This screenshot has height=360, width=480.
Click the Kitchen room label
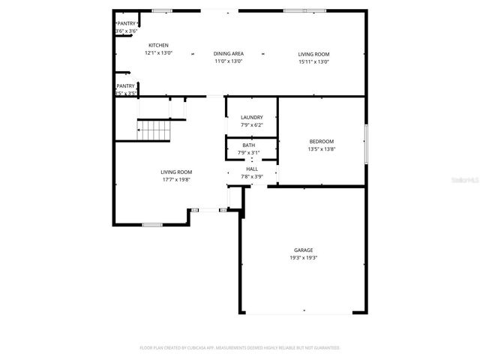click(158, 46)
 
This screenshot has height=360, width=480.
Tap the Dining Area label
click(229, 54)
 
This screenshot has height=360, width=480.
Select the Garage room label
click(303, 250)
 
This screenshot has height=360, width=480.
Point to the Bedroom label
click(322, 141)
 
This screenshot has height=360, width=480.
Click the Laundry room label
click(251, 118)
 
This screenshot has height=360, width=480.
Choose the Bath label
click(248, 145)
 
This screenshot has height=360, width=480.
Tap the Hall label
click(251, 169)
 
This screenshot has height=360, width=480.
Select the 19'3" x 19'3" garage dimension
click(303, 257)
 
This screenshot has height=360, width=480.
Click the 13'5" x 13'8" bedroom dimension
click(322, 148)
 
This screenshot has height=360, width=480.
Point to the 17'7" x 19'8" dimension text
click(176, 180)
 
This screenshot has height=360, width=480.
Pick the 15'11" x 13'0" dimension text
click(313, 61)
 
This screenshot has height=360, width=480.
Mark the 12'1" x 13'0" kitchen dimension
click(158, 53)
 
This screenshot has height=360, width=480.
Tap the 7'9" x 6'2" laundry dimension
click(251, 125)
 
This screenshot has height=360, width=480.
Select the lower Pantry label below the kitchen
click(125, 86)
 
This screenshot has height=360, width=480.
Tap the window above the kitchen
click(161, 10)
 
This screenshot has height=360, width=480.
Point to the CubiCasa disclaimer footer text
click(240, 348)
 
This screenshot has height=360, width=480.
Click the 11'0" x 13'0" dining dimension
click(229, 61)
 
